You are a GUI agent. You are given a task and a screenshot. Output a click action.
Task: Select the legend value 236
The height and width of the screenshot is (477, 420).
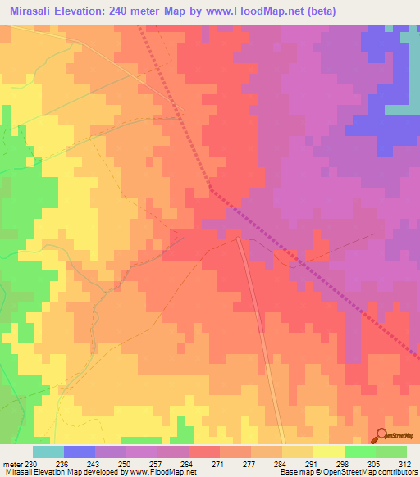63,463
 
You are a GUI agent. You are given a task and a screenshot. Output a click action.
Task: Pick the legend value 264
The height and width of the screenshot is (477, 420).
188,463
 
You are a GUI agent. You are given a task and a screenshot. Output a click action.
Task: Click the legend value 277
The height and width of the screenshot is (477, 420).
250,463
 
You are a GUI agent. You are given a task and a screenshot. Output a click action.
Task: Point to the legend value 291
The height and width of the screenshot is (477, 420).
313,463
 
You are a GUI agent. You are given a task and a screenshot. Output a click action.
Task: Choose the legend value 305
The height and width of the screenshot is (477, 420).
375,463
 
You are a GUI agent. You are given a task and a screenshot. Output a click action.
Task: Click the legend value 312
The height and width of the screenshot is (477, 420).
405,463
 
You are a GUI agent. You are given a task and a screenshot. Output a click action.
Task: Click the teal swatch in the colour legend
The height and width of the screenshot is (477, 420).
48,452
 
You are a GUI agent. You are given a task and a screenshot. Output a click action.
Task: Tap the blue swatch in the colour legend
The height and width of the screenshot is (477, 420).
79,452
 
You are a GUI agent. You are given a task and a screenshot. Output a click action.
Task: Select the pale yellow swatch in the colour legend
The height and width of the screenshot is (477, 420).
328,452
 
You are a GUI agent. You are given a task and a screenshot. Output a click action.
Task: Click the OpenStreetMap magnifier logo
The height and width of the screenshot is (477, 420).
381,435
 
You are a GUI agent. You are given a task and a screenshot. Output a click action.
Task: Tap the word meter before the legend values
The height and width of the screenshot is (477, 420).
11,463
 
